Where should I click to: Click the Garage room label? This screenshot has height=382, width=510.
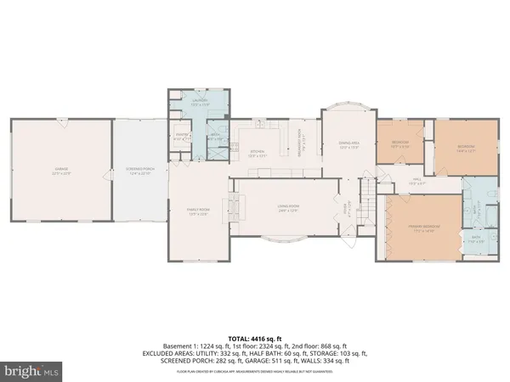pyautogui.click(x=60, y=171)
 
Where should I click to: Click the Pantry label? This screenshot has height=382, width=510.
pyautogui.click(x=181, y=135)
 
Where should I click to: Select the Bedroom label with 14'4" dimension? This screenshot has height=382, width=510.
pyautogui.click(x=465, y=147)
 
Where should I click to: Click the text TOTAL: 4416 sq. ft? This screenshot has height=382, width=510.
pyautogui.click(x=255, y=338)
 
